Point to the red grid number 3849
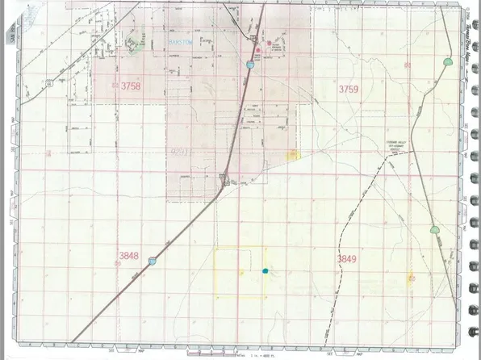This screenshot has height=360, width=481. (345, 257)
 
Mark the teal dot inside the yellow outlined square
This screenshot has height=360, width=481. (265, 271)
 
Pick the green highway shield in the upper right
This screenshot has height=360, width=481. (448, 61)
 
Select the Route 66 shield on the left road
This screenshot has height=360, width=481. (49, 82)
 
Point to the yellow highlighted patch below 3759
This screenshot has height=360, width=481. (295, 153)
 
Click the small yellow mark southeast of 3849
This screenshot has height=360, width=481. (412, 278)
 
